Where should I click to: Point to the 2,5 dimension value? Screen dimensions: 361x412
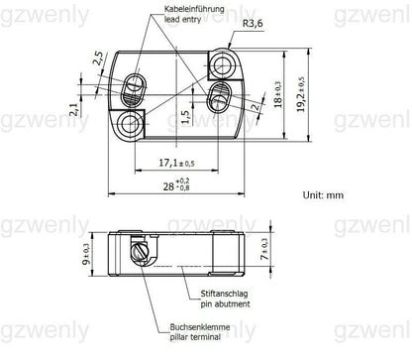[x=97, y=60]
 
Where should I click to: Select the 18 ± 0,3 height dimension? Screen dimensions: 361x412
[x=278, y=96]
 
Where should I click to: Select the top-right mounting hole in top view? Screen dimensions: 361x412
[x=227, y=65]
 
